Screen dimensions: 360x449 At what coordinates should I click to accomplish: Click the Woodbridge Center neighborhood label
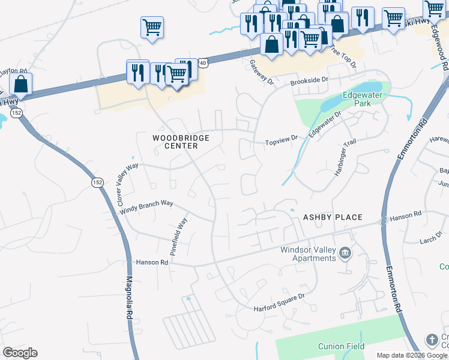tap(181, 142)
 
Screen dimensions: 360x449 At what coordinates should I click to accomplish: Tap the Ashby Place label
tap(333, 217)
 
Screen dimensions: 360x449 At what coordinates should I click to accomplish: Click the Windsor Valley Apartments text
tap(309, 254)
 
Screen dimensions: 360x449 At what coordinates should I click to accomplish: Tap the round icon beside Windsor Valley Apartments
tap(345, 253)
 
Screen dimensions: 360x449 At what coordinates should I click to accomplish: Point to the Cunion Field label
tap(340, 346)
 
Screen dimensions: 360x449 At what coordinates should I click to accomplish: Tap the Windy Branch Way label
tap(146, 207)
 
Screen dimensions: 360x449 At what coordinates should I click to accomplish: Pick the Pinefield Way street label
tap(179, 238)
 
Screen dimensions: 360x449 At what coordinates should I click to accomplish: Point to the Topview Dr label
tap(282, 139)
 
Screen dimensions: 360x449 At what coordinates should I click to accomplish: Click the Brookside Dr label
tap(310, 80)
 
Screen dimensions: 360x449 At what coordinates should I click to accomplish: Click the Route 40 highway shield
tap(203, 62)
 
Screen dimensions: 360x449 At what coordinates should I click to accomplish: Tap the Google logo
tap(20, 353)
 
